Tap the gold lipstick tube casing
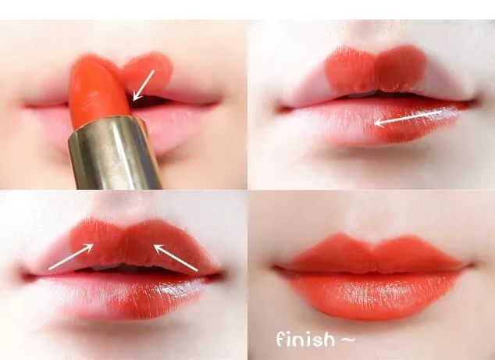[x=114, y=154]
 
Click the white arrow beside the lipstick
[x=144, y=85]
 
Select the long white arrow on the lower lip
[x=408, y=118]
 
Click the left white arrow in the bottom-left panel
[x=71, y=257]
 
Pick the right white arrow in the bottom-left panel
[x=176, y=258]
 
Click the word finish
[x=305, y=339]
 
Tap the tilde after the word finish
[x=348, y=340]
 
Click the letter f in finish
[x=280, y=339]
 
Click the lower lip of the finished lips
[x=372, y=294]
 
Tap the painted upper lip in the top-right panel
[x=376, y=70]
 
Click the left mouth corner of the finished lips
[x=277, y=268]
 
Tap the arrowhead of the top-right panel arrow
[x=376, y=123]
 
